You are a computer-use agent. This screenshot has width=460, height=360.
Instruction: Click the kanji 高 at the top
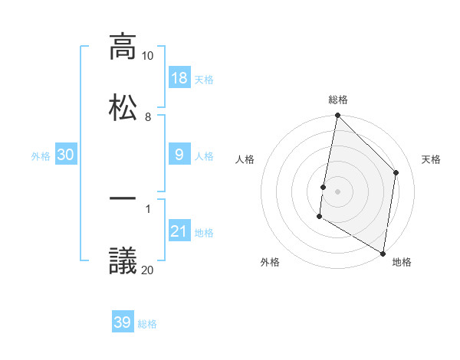pyautogui.click(x=123, y=47)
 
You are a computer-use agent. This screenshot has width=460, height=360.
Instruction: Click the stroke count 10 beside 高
pyautogui.click(x=147, y=56)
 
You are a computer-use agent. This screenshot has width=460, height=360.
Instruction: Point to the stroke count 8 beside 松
pyautogui.click(x=148, y=116)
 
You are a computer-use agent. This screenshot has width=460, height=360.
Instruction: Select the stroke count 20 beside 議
pyautogui.click(x=147, y=269)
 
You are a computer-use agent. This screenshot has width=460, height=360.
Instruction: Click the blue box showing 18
pyautogui.click(x=179, y=78)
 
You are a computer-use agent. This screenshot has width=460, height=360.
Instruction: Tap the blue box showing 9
pyautogui.click(x=179, y=155)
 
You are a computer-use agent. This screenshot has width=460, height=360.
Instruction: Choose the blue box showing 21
pyautogui.click(x=179, y=231)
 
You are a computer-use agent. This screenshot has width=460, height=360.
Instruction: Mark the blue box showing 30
pyautogui.click(x=66, y=155)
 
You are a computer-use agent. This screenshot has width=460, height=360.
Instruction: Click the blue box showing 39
pyautogui.click(x=123, y=322)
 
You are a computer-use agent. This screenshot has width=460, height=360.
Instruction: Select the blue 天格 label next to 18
pyautogui.click(x=204, y=80)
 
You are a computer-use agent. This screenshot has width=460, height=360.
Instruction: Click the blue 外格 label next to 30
pyautogui.click(x=41, y=156)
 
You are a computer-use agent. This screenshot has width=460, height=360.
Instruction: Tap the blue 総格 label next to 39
pyautogui.click(x=147, y=324)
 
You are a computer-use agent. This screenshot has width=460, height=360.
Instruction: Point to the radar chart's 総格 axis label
pyautogui.click(x=338, y=100)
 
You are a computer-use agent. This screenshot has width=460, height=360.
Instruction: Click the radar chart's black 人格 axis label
pyautogui.click(x=245, y=159)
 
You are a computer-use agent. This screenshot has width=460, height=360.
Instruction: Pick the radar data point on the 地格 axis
pyautogui.click(x=383, y=252)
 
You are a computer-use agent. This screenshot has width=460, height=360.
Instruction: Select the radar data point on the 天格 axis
pyautogui.click(x=396, y=172)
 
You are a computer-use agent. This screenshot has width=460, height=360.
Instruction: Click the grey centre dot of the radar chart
pyautogui.click(x=337, y=191)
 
